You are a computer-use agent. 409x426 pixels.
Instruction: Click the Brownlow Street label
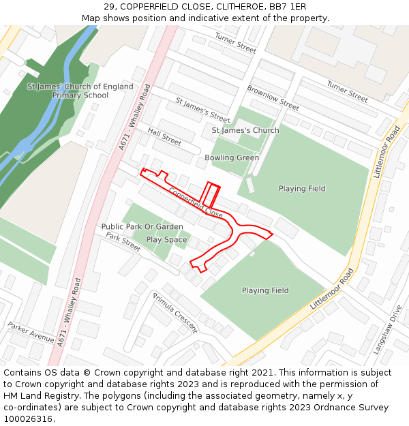[273, 97]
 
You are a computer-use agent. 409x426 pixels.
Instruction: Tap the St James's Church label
[245, 130]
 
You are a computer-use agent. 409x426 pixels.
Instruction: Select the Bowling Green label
[232, 157]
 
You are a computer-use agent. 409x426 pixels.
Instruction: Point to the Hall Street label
[164, 137]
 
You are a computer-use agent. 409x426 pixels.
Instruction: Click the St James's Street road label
[202, 110]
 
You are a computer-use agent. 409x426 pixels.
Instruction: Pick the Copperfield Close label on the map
[196, 202]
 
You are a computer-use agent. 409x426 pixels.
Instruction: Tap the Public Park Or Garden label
[142, 226]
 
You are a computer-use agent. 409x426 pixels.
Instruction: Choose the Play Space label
[166, 240]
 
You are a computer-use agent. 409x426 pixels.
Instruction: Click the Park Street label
[123, 241]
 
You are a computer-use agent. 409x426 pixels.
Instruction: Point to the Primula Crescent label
[175, 312]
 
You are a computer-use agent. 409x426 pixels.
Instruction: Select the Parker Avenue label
[31, 332]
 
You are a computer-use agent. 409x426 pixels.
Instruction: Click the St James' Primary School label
[80, 91]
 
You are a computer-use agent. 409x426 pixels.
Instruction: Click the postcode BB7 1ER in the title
[288, 6]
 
